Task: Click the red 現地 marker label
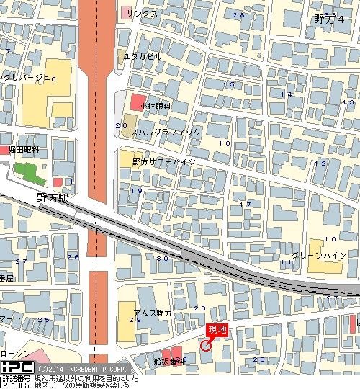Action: (x=217, y=330)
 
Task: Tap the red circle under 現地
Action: (x=205, y=344)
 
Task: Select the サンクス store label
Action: (x=141, y=13)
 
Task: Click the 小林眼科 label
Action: (x=156, y=106)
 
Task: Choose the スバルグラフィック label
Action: (x=165, y=133)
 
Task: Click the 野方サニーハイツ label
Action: (x=163, y=162)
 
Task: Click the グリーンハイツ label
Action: (x=324, y=255)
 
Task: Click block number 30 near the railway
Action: (x=161, y=258)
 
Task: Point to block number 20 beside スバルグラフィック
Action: (x=118, y=125)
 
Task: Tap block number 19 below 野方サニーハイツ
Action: (x=135, y=190)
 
